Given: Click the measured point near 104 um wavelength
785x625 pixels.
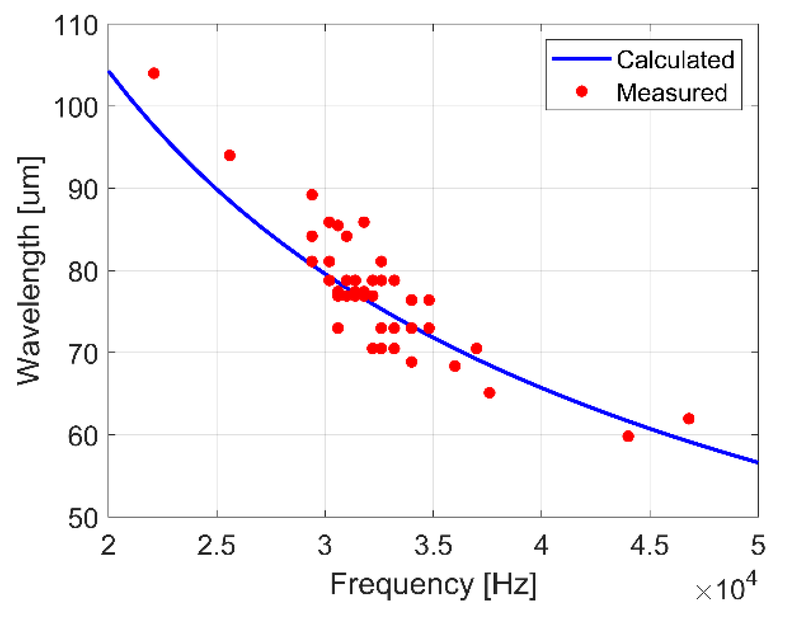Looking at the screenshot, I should (154, 73).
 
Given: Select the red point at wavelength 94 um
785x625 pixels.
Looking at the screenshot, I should (230, 155).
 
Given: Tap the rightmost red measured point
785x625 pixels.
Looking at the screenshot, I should (689, 419).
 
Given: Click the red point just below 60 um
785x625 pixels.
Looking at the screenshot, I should (628, 436).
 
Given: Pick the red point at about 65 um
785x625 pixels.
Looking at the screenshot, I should (489, 393).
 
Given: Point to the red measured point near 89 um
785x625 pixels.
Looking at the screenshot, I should (312, 195).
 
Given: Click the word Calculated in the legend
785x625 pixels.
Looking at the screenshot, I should (675, 60).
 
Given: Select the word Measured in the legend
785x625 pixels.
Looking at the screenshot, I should (671, 92).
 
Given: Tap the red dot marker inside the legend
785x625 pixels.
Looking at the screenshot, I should (582, 91).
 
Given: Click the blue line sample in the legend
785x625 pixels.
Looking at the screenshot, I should (581, 59).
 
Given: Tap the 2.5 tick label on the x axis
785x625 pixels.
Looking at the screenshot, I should (216, 545).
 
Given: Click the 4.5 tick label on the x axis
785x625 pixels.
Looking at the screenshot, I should (649, 545).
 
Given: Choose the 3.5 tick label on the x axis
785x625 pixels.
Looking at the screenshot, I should (433, 545).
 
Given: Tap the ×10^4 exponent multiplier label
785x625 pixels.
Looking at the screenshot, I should (725, 588).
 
